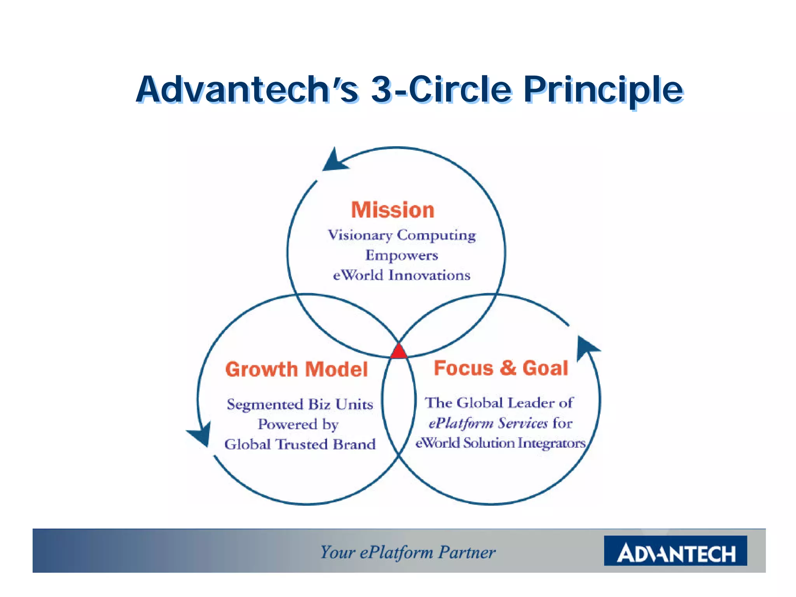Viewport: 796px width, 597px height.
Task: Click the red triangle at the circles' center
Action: pos(398,352)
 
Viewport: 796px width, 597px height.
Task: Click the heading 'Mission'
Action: pos(393,210)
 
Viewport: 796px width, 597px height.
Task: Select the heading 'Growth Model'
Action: pos(297,369)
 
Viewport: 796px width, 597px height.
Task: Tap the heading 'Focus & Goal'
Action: pos(501,368)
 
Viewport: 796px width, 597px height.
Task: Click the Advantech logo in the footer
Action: pos(675,550)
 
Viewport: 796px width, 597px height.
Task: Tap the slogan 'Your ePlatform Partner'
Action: pos(407,552)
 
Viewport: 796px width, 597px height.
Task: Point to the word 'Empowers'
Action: pos(401,255)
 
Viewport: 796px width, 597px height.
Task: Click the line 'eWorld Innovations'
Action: pos(401,275)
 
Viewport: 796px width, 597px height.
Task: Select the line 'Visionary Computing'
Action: pos(401,235)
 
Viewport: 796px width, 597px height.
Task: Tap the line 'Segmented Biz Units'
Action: pos(300,404)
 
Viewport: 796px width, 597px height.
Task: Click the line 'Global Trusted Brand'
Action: pos(300,444)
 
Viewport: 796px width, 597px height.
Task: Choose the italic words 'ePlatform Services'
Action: pos(488,423)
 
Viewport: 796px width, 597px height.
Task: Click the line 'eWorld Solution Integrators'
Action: pos(500,443)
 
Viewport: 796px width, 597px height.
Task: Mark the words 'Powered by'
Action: pos(298,424)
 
